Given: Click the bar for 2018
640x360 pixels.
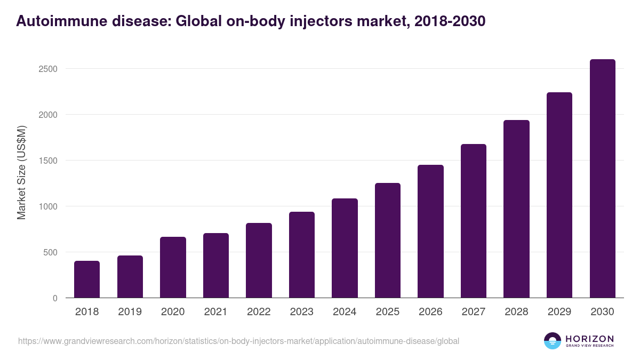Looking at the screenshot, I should coord(87,279).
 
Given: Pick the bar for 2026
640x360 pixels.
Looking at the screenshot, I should coord(430,231).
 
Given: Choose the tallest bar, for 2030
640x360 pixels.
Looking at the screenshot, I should coord(602,179).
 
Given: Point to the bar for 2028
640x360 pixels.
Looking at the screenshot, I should coord(516,209).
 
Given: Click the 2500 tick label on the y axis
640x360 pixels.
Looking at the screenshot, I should coord(47,69).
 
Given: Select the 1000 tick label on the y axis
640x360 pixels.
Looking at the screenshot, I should coord(47,206).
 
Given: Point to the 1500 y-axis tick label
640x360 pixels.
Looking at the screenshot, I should coord(47,161).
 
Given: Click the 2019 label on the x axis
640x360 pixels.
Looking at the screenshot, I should coord(130,312).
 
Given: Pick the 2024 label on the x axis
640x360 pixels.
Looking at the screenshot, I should coord(345,312).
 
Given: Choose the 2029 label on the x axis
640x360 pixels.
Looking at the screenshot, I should coord(559,312).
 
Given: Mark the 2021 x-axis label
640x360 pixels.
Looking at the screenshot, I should coord(215,312).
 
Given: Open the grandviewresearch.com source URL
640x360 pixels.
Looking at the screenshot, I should coord(238,341).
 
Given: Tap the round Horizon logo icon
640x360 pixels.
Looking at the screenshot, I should coord(552,341).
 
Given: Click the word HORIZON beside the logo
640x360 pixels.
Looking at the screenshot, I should coord(590,339).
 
